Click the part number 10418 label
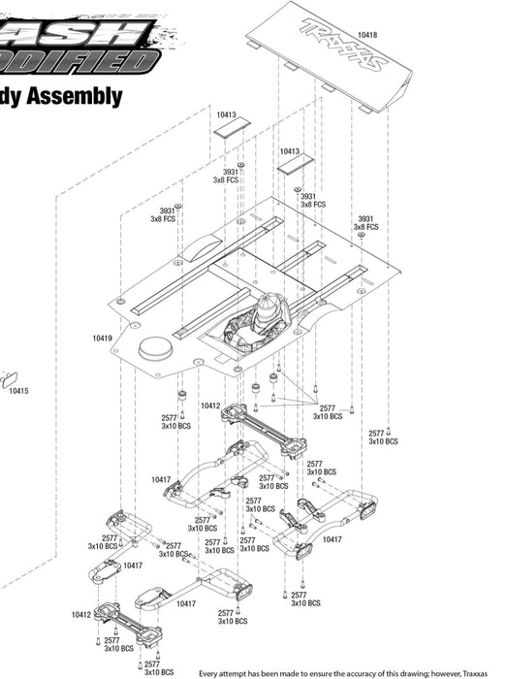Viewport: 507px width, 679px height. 367,35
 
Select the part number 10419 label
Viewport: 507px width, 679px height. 102,339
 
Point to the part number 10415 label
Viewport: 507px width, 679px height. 18,391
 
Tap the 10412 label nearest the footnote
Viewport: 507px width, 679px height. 80,614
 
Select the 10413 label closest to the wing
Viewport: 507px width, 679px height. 290,151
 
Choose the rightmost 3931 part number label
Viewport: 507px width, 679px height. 365,218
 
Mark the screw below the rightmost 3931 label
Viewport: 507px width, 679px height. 362,235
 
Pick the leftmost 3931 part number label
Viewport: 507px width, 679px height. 167,210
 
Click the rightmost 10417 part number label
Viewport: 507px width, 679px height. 333,538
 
